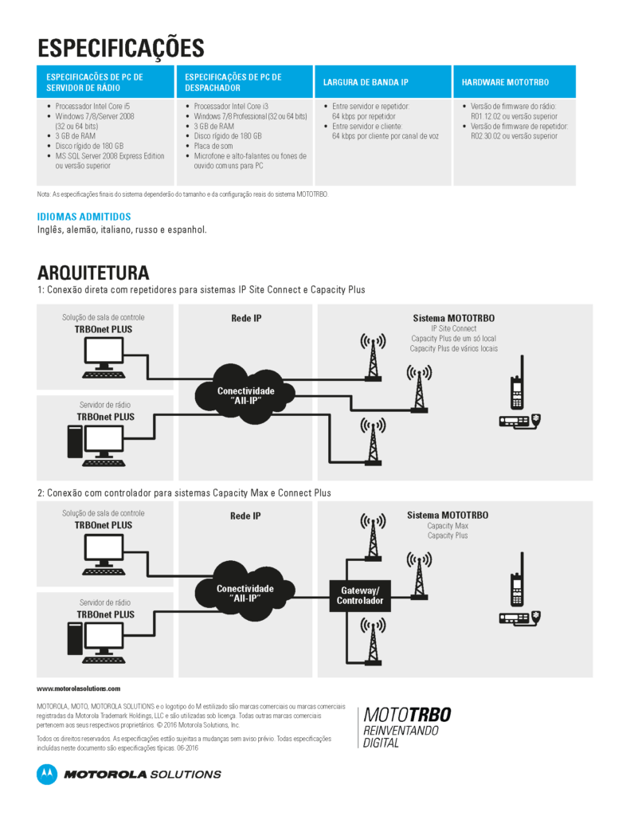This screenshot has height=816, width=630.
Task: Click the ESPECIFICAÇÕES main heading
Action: coord(121,47)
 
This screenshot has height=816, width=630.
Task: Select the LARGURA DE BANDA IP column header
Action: coord(366,82)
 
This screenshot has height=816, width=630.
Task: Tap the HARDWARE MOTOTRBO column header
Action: coord(505,82)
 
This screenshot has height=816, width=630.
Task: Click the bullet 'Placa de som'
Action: coord(215,146)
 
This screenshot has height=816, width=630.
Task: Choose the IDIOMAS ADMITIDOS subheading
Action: coord(84,216)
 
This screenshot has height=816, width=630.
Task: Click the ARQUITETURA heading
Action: coord(93,273)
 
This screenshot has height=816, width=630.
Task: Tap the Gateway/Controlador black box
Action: coord(359,595)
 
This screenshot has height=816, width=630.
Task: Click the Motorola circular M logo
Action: coord(47,774)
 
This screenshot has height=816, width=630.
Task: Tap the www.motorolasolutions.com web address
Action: coord(79,688)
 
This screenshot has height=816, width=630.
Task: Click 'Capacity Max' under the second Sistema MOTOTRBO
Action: coord(448,526)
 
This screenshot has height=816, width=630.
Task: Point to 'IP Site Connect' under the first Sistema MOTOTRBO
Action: coord(453,328)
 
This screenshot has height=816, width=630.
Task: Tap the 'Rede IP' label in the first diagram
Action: coord(245,318)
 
